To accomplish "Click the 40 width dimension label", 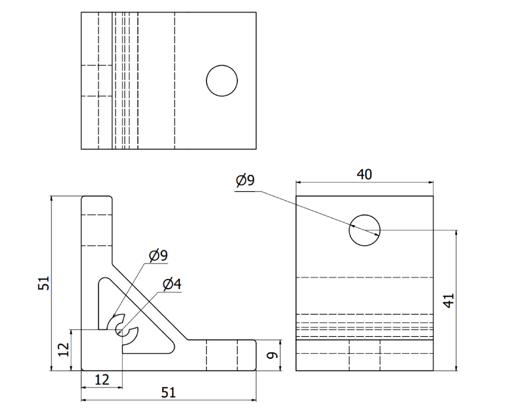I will click(x=364, y=174).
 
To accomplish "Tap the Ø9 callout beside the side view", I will click(x=245, y=180).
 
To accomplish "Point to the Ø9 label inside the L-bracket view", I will click(x=158, y=256).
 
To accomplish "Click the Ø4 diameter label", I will click(x=172, y=285).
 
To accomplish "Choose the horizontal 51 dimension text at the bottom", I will click(x=168, y=393).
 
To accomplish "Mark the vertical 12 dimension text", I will click(x=63, y=350).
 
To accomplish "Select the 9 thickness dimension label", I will click(x=272, y=355).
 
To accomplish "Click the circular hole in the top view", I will click(x=222, y=80).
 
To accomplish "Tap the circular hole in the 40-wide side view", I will click(x=364, y=230).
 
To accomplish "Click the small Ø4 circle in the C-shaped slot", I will click(x=121, y=331).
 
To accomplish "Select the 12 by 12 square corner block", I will click(x=102, y=350).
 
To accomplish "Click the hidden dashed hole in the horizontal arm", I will click(x=222, y=355).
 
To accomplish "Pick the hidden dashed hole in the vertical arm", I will click(x=97, y=230).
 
